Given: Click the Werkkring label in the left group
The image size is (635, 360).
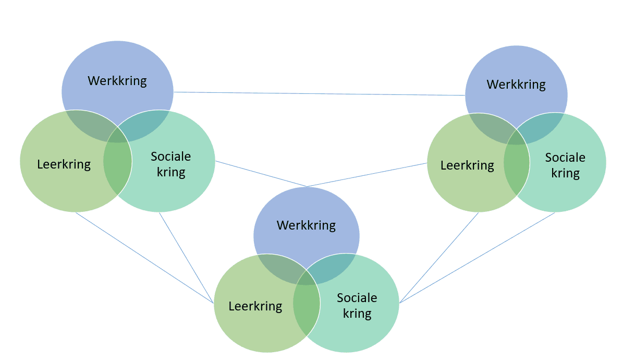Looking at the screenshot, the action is [117, 81].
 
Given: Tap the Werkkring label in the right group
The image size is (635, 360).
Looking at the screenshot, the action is [516, 85].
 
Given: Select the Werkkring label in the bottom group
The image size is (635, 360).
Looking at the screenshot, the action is [306, 226].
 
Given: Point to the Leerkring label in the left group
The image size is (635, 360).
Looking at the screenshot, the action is [64, 165].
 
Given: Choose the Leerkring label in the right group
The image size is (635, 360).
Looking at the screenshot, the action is [467, 166].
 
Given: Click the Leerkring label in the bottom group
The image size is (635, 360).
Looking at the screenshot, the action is [255, 307].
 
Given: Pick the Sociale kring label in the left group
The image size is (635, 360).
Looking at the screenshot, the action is [171, 164].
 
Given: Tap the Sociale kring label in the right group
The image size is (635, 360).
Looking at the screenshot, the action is [565, 166].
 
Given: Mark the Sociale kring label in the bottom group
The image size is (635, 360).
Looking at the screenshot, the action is [357, 306].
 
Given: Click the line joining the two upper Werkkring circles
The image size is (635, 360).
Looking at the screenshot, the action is [320, 93].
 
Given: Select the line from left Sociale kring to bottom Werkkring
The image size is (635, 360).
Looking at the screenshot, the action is [261, 174].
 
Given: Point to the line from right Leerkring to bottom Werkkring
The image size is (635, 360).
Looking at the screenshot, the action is [367, 175].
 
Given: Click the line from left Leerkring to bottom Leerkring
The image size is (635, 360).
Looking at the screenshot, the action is [144, 258].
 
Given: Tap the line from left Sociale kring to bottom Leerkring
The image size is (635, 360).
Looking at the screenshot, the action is [186, 258].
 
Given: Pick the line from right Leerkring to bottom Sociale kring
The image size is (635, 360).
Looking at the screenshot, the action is [439, 258].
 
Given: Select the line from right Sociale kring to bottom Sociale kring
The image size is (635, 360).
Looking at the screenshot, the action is [477, 258].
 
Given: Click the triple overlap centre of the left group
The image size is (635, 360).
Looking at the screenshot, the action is [118, 135].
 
